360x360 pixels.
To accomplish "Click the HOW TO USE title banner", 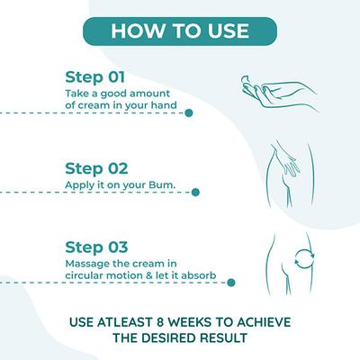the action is [x=180, y=31].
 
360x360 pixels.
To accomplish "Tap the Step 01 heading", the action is [x=94, y=77].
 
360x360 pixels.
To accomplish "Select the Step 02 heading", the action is [x=96, y=168].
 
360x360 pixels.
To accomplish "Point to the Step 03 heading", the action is [x=96, y=247].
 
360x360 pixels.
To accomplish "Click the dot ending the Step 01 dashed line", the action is [x=189, y=113].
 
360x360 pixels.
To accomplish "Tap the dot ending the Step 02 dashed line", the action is [x=195, y=193].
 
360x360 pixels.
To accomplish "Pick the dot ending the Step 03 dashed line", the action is [x=231, y=283].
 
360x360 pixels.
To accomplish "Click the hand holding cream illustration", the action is [x=279, y=93].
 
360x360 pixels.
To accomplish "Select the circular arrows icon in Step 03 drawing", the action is [x=304, y=258].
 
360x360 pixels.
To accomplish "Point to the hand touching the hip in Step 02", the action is [x=285, y=160].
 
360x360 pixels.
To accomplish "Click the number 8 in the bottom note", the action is [x=159, y=322].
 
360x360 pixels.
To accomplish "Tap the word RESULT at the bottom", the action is [x=223, y=338].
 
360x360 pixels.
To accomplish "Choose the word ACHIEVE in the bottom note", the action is [x=264, y=322].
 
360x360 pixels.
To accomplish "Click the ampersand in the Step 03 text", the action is [x=149, y=275].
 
